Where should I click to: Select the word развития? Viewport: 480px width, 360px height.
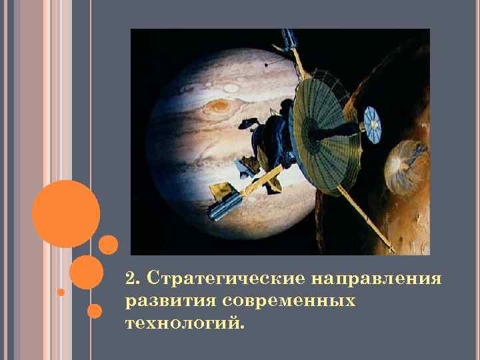pyautogui.click(x=167, y=301)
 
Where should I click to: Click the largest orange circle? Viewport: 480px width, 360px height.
pyautogui.click(x=66, y=214)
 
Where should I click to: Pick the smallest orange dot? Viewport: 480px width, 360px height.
pyautogui.click(x=61, y=292)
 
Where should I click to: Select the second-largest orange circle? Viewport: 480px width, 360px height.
pyautogui.click(x=86, y=271)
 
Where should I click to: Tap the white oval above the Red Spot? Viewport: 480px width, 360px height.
pyautogui.click(x=231, y=87)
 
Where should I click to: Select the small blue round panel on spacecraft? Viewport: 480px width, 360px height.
pyautogui.click(x=374, y=121)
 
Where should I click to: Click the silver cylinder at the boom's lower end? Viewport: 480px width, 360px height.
pyautogui.click(x=223, y=207)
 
